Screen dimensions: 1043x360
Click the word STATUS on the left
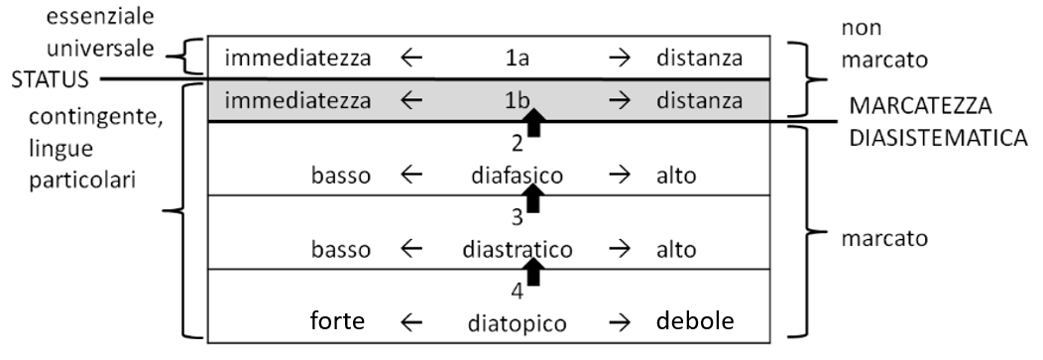(50, 80)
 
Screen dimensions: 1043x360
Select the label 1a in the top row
(517, 59)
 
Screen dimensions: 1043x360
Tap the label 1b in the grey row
(517, 101)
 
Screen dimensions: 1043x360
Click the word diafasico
(517, 176)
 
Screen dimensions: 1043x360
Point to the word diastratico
(517, 250)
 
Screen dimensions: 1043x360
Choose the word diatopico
(517, 323)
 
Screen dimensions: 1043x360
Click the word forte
(338, 321)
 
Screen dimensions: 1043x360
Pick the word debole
(695, 321)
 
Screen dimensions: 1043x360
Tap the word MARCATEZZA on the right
(921, 106)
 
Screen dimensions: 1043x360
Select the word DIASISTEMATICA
(939, 138)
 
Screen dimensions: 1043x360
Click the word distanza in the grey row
(699, 101)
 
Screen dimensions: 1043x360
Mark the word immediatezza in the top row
(297, 59)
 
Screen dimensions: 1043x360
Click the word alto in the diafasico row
(676, 176)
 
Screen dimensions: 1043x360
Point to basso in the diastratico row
(341, 250)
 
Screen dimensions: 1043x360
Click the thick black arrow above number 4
(533, 272)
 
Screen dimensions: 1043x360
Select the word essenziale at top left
(100, 17)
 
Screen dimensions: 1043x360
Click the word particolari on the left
(82, 180)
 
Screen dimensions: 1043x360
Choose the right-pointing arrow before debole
(620, 322)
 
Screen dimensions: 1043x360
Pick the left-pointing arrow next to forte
(411, 322)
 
